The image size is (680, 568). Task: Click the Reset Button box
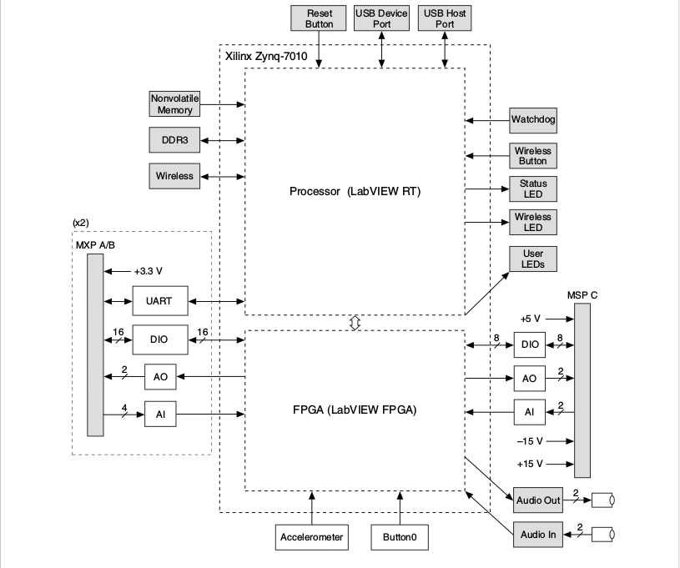coord(319,18)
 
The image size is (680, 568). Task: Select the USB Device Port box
coord(381,18)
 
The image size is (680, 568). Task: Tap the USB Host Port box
coord(445,18)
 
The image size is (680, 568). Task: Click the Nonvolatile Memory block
coord(174,104)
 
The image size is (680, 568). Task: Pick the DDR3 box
coord(174,140)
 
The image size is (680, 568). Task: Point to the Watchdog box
coord(533,120)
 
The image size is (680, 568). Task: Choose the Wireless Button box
coord(533,156)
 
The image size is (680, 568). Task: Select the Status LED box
coord(533,189)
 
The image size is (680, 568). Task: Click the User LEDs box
coord(533,259)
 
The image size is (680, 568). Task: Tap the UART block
coord(160,301)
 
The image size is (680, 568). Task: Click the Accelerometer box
coord(312,537)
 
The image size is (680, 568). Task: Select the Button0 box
coord(400,537)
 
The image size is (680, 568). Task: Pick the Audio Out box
coord(538,500)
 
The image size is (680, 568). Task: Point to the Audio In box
coord(538,535)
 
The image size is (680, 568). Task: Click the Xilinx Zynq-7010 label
coord(266,57)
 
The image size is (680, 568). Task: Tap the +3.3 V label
coord(148,271)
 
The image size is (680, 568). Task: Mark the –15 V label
coord(530,441)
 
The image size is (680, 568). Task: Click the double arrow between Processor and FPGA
coord(355,323)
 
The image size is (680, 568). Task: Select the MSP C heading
coord(582,295)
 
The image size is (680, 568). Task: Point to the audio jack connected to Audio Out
coord(602,500)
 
